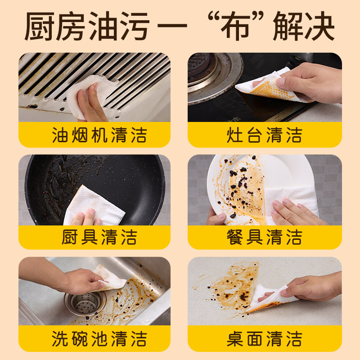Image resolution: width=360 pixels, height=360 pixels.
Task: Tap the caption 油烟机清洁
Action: pos(99,135)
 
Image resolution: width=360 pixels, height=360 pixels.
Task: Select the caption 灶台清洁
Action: pos(265,135)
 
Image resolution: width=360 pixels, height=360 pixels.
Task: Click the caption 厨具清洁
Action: pos(99,237)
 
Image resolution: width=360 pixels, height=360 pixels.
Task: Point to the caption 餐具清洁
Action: pos(265,237)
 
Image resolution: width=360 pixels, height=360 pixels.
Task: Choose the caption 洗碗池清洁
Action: pos(99,339)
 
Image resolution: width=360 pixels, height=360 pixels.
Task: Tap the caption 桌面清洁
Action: pos(265,339)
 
